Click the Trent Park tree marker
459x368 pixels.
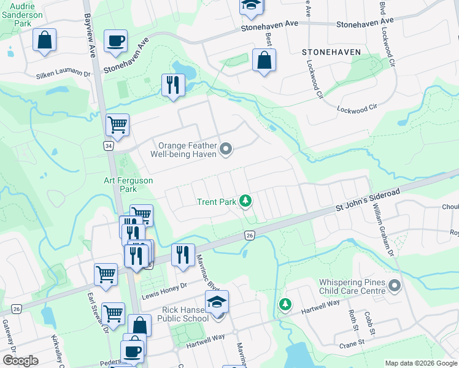pos(245,201)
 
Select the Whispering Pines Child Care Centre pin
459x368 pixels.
pos(394,286)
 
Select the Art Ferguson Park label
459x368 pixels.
pos(128,185)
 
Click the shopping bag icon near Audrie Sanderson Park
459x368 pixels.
pos(44,40)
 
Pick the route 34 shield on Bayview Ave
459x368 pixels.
pos(108,147)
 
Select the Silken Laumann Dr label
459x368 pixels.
pos(63,74)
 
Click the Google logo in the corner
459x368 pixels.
pos(20,361)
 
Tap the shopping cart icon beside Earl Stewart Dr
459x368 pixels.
pos(106,274)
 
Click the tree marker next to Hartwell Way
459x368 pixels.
pos(285,304)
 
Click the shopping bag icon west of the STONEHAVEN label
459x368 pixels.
pos(264,61)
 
